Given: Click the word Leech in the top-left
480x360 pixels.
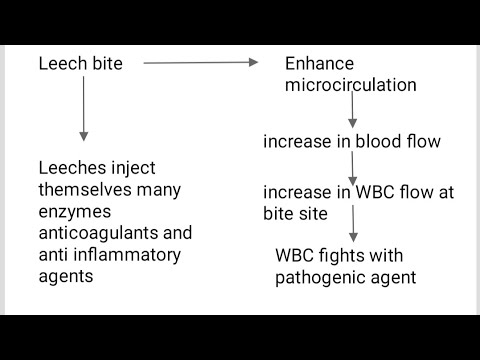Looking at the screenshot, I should click(62, 64).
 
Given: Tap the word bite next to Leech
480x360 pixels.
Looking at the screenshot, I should click(106, 64).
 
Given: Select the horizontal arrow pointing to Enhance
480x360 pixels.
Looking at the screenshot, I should click(201, 63).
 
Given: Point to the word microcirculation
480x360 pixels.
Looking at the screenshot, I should click(351, 85).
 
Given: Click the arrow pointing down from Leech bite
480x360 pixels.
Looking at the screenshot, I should click(84, 111).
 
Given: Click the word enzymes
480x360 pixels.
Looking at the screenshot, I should click(73, 212).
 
